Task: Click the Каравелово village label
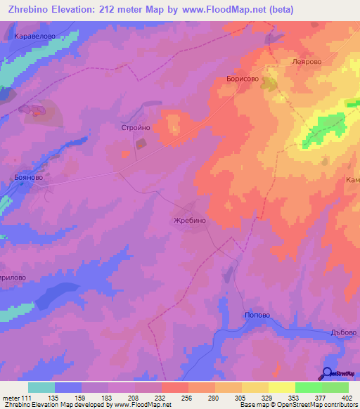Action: (x=44, y=34)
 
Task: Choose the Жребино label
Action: (x=189, y=220)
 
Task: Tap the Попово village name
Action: (x=257, y=316)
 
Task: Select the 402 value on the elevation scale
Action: (x=348, y=398)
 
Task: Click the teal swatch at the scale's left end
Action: (x=41, y=387)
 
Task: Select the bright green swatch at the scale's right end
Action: (x=335, y=387)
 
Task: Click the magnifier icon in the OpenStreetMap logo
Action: (x=327, y=373)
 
